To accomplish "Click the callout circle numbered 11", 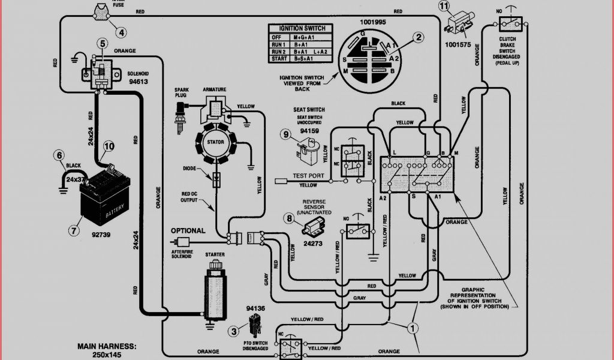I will point(444,7).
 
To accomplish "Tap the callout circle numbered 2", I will point(419,37).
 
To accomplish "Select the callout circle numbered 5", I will point(103,43).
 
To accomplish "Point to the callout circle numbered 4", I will point(122,32).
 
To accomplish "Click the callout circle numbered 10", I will point(108,146).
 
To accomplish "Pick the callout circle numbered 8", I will point(291,220).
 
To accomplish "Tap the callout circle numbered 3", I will point(232,331).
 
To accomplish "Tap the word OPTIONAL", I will point(188,230).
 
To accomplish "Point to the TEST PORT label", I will point(308,176).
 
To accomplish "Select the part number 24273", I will point(314,244).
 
